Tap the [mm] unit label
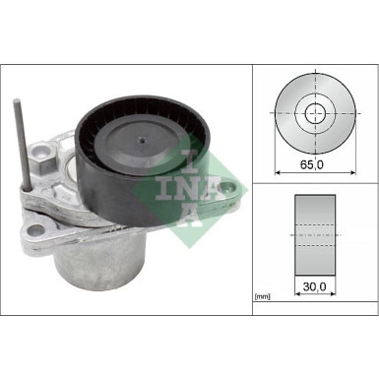262,293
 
